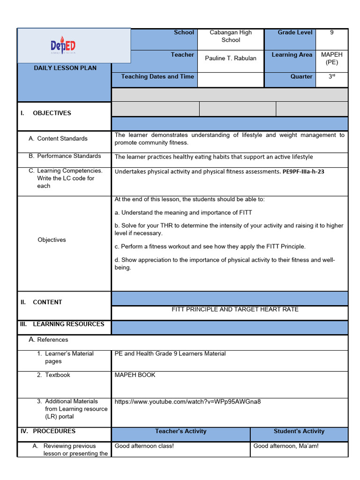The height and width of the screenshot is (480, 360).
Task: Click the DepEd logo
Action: [63, 46]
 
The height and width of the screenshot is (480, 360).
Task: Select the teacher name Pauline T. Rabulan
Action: [231, 58]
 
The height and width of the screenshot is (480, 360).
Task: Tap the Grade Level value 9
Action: [332, 33]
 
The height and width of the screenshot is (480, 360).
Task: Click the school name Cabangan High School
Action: [231, 36]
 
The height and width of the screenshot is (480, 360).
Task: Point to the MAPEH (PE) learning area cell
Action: [332, 58]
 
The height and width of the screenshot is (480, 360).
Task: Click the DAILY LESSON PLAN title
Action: [65, 68]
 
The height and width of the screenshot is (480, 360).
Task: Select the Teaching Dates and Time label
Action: [157, 76]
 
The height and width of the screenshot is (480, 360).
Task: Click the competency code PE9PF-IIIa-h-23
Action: [303, 172]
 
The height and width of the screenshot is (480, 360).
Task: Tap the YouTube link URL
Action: [187, 401]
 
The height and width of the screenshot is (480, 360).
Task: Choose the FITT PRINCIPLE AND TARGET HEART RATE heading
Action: [235, 309]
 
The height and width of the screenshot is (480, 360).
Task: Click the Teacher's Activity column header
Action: [180, 431]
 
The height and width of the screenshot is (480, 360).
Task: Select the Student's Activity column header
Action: [299, 431]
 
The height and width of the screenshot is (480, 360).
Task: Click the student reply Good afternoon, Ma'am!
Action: [286, 446]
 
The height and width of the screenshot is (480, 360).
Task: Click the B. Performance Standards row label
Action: [69, 156]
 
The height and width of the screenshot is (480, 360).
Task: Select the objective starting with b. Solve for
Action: [229, 229]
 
